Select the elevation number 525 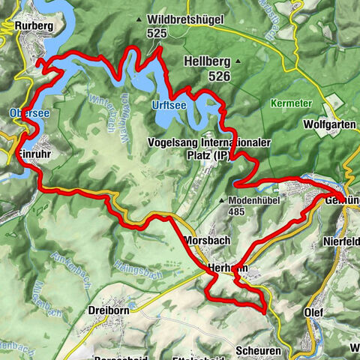[157, 33]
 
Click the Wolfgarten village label [330, 124]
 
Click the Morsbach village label [206, 241]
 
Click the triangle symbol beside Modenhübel [223, 200]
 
